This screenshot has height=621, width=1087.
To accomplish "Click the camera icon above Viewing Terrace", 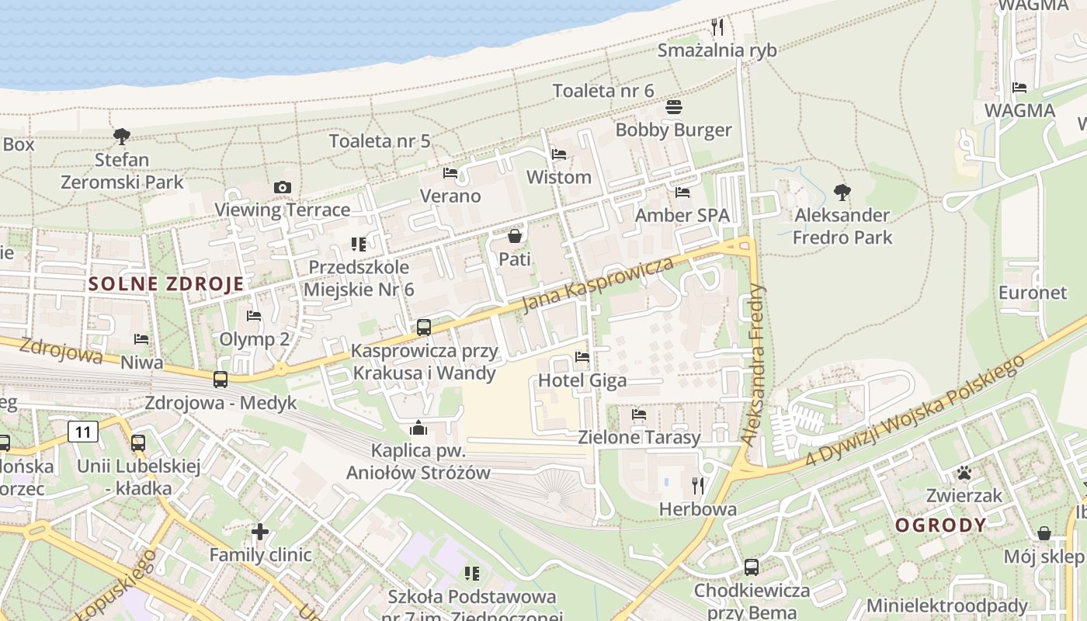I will pos(283,187).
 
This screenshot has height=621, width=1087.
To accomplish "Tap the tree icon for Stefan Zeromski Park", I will pos(121,137).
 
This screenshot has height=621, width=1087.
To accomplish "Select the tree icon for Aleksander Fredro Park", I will pos(842,192).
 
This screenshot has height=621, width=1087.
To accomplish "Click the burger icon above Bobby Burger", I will pos(674,107).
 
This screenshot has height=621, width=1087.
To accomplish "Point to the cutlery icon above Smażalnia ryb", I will pos(717,27).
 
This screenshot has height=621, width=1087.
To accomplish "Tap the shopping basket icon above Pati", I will pos(514,236).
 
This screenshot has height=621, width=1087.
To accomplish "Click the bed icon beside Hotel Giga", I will pos(582,357).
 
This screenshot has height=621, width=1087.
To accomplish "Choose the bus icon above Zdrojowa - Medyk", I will pos(221,380).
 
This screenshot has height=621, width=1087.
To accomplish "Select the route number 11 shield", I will pos(84,431).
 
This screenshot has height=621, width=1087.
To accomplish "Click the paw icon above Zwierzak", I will pos(964,472).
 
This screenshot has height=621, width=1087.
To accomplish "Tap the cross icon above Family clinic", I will pos(260,532).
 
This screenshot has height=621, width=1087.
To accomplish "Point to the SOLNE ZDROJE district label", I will pos(166,283).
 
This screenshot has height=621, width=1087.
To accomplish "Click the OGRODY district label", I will pos(940,526).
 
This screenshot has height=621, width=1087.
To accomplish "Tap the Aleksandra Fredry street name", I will pos(752,365).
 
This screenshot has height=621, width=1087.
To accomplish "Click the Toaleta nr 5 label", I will pos(380,141).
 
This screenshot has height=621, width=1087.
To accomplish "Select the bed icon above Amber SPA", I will pos(682,193).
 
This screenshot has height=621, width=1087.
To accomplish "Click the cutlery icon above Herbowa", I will pos(698,486).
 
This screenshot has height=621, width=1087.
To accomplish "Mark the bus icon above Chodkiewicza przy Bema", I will pos(751,567).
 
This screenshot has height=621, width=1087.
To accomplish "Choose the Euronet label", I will pos(1033,293).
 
